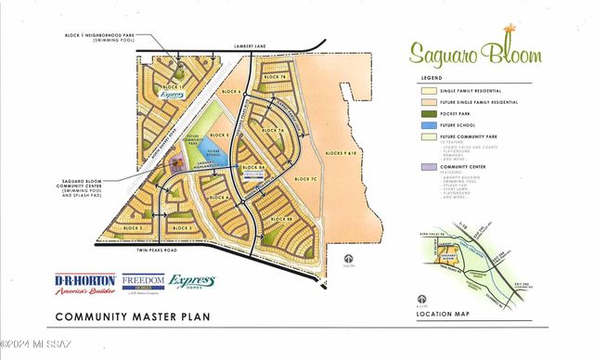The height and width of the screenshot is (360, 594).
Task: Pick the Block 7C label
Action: click(306, 178)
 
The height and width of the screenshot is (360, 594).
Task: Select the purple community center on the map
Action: click(174, 165)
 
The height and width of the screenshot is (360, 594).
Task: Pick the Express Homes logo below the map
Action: click(192, 283)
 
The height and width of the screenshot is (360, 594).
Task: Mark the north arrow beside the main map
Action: click(349, 259)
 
